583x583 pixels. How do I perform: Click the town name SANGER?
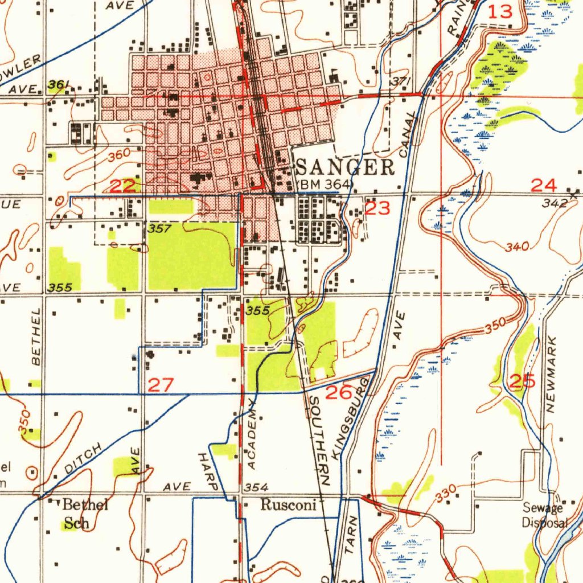(x=346, y=167)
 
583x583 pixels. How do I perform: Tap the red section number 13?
(x=501, y=11)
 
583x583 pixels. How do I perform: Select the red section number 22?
(x=123, y=186)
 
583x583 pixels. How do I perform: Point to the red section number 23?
(x=378, y=208)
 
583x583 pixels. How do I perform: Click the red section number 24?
(x=543, y=184)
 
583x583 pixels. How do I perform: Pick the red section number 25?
(x=523, y=381)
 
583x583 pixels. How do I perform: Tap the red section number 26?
(x=339, y=392)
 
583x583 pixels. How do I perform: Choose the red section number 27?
(x=160, y=385)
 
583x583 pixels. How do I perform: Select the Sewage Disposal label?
(x=545, y=516)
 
